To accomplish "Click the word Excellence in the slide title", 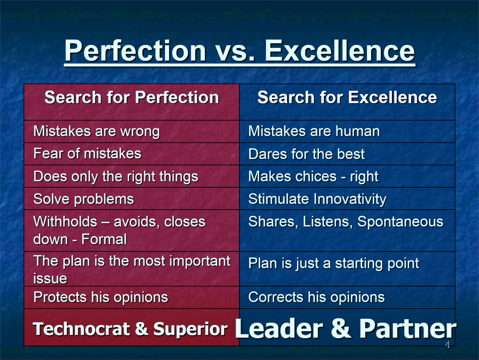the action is pos(340,51).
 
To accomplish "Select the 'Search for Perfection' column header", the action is pos(132,97).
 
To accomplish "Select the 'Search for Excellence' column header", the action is pos(347,97).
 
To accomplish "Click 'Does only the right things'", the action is pos(116,177).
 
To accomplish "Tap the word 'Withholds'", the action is pos(65,222).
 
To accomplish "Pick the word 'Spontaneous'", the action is pos(400,222).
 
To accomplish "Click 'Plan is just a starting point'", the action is pos(334,264).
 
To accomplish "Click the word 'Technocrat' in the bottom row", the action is pos(82,329).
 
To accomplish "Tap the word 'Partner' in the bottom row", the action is pos(408,329).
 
